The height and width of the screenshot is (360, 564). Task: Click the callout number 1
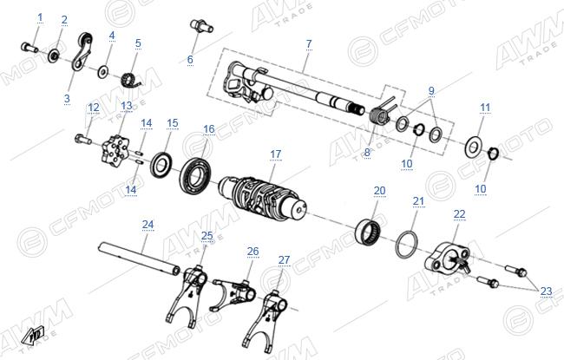click(x=40, y=16)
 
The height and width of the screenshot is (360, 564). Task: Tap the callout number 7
click(x=309, y=44)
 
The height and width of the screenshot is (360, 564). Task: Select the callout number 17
click(x=276, y=154)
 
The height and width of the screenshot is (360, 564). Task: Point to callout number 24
click(x=148, y=225)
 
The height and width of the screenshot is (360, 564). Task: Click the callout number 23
click(x=546, y=291)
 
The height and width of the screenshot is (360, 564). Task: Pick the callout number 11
click(x=485, y=108)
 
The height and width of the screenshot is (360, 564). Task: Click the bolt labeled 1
click(x=30, y=47)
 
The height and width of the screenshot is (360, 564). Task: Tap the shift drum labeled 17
click(x=263, y=198)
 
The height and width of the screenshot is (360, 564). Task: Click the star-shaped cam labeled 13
click(x=115, y=151)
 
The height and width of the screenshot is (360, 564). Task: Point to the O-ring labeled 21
click(x=407, y=245)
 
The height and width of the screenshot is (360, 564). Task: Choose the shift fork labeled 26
click(x=234, y=292)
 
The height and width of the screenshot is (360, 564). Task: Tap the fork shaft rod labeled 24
click(x=139, y=258)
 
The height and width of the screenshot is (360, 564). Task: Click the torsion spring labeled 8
click(x=382, y=114)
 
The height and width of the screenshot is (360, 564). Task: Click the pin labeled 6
click(x=201, y=26)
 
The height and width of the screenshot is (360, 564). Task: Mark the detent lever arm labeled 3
click(x=82, y=51)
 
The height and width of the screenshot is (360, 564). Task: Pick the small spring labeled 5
click(x=130, y=80)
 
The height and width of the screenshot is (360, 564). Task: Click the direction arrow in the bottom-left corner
click(x=32, y=336)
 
